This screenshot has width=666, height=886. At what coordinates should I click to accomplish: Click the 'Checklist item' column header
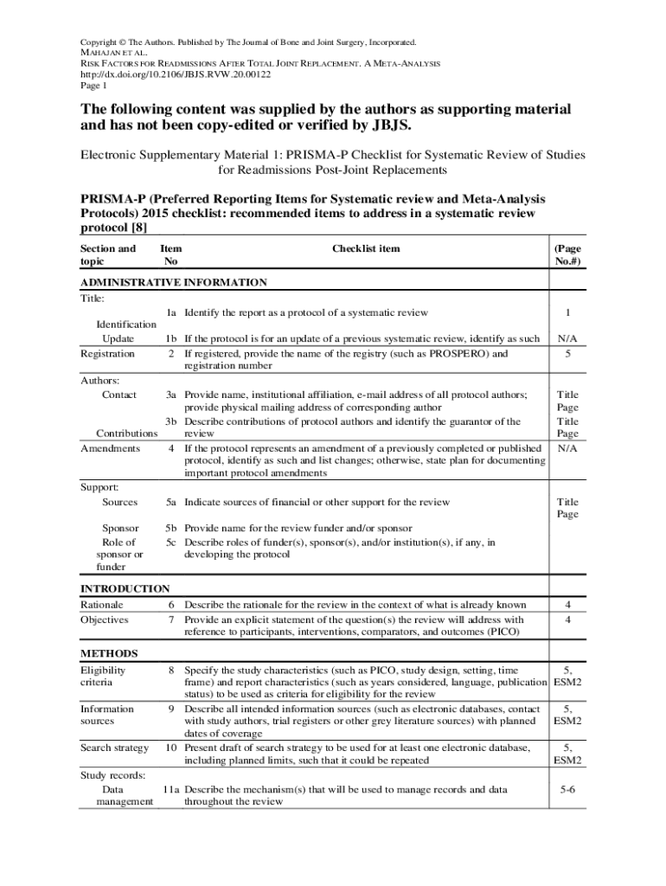tap(366, 249)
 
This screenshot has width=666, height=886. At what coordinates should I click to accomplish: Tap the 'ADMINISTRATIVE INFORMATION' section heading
tap(173, 283)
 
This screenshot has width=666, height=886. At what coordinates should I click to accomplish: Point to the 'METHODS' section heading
tap(109, 653)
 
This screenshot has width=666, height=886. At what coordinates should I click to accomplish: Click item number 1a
tap(171, 312)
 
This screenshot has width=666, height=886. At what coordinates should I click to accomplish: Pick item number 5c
tap(171, 543)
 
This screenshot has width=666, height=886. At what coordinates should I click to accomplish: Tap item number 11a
tap(170, 789)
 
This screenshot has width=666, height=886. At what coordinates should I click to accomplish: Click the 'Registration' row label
tap(107, 354)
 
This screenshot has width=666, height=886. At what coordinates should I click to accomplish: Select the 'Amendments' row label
tap(110, 448)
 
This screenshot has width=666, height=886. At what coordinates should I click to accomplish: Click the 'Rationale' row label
tap(102, 605)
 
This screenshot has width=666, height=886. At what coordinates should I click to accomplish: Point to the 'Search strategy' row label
tap(114, 748)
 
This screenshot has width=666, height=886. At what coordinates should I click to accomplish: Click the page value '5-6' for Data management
tap(567, 789)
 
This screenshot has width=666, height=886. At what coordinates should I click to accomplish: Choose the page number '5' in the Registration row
tap(567, 354)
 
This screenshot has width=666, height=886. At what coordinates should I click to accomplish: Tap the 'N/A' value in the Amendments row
tap(567, 448)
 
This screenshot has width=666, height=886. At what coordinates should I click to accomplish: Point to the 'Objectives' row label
tap(104, 620)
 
